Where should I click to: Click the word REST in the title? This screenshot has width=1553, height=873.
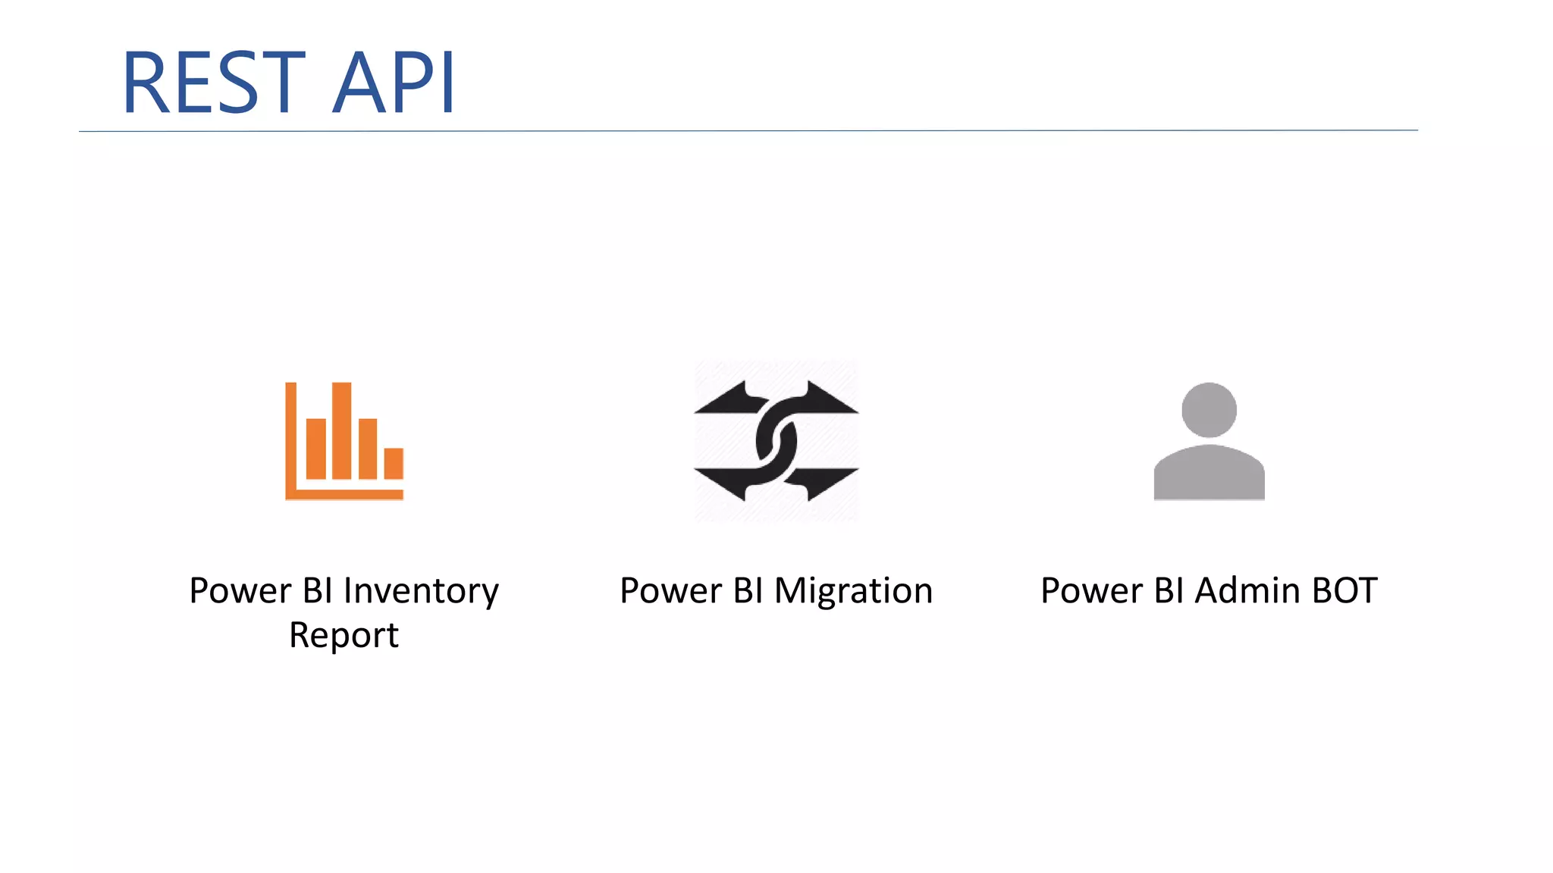(213, 82)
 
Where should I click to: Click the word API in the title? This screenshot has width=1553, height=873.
(394, 82)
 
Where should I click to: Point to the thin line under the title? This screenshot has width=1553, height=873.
(748, 131)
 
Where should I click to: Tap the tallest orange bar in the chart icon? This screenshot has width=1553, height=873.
(341, 430)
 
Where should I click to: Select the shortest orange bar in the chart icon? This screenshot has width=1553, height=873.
(394, 464)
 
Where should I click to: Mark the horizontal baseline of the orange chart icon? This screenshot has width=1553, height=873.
(345, 495)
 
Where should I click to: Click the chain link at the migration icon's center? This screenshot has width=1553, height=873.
(776, 441)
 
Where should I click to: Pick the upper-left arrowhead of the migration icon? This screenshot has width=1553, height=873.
(724, 399)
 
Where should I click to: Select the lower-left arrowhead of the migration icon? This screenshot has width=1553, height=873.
(724, 483)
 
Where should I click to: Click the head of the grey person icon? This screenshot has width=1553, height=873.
(1209, 410)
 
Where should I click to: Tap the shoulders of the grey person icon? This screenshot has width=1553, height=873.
(1209, 473)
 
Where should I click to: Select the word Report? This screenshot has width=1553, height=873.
(344, 635)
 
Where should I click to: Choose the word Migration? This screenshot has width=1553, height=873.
(853, 591)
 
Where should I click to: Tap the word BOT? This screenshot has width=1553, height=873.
(1344, 591)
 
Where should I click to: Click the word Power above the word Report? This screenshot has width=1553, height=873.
(240, 591)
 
